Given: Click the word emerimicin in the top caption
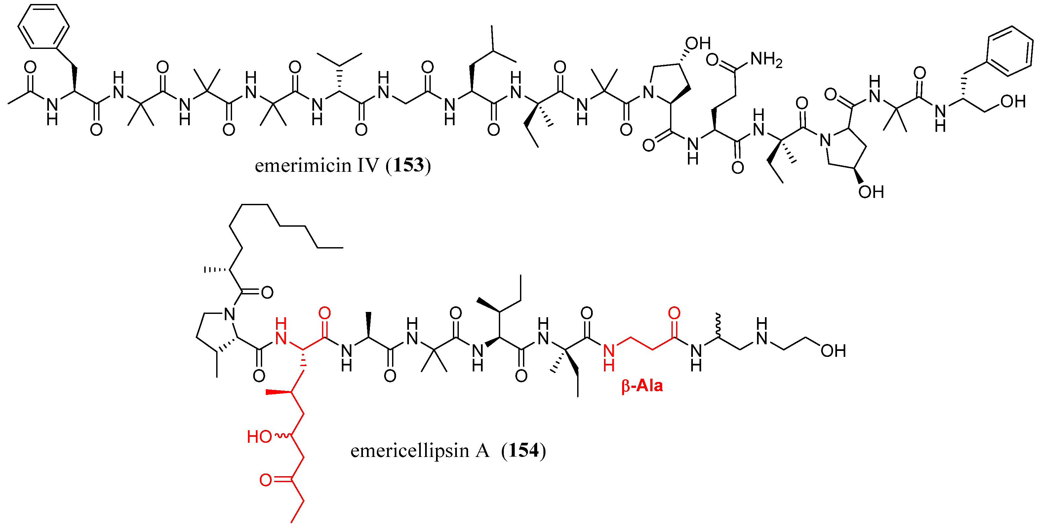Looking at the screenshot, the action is click(x=302, y=166).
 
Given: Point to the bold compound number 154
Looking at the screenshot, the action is click(x=523, y=450).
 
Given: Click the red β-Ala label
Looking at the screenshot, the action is click(x=642, y=386).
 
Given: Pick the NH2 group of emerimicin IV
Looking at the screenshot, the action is click(x=766, y=60).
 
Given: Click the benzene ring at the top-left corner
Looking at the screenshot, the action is click(x=44, y=26).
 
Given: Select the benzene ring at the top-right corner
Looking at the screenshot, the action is click(x=1009, y=51).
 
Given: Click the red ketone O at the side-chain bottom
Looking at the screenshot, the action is click(x=265, y=480).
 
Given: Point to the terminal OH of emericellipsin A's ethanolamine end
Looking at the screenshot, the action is click(x=833, y=351).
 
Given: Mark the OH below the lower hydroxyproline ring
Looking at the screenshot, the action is click(x=871, y=192).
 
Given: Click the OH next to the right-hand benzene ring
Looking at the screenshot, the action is click(x=1013, y=101).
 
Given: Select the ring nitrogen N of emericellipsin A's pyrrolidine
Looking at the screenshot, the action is click(x=229, y=314).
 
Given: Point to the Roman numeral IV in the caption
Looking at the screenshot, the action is click(x=368, y=166).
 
